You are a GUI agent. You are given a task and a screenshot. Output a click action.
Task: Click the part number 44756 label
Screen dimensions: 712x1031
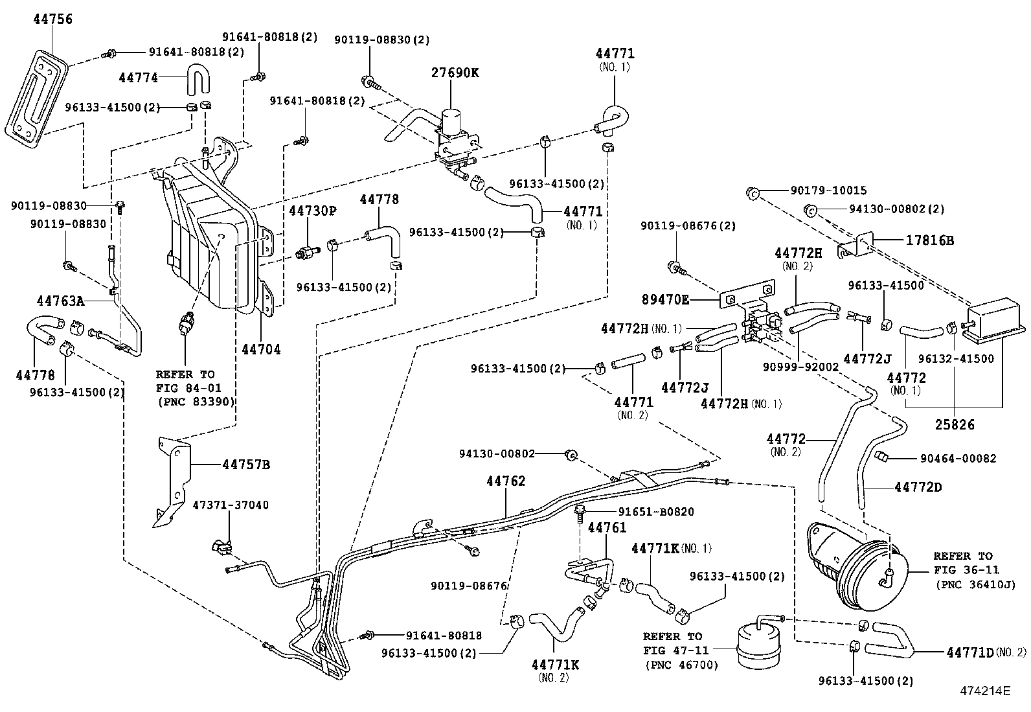click(x=53, y=19)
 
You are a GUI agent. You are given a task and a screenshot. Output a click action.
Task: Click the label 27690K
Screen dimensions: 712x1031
click(x=455, y=73)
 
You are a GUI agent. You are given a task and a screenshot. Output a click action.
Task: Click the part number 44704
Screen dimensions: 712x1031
click(x=261, y=349)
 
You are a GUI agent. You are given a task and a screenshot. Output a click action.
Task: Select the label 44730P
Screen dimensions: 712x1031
click(x=313, y=211)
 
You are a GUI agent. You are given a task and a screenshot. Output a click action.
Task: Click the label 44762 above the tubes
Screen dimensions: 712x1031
click(x=506, y=481)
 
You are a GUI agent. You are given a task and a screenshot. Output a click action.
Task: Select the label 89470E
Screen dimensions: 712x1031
click(x=665, y=299)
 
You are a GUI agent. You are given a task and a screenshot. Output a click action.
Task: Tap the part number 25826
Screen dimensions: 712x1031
click(x=955, y=425)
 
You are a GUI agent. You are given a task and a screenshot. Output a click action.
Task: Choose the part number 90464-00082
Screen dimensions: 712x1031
click(x=958, y=458)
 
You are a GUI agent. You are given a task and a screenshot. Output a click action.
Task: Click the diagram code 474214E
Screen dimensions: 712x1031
click(x=984, y=690)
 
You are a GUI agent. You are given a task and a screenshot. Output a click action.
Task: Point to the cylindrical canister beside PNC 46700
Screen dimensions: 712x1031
click(x=756, y=645)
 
